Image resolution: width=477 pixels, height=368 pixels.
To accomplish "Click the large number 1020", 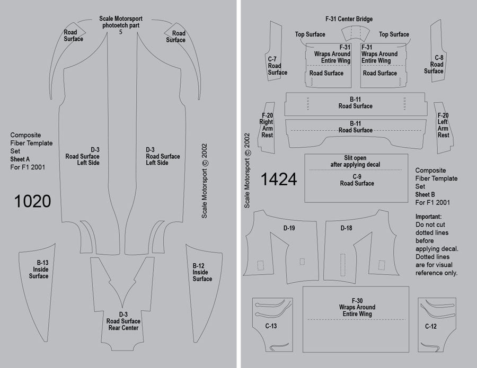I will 32,201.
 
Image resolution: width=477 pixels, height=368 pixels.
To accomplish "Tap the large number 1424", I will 278,180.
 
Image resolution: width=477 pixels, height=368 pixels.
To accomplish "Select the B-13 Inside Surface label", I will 39,269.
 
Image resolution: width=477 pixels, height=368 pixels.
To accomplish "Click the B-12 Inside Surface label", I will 202,272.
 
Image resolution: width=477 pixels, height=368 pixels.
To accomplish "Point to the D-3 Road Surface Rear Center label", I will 122,321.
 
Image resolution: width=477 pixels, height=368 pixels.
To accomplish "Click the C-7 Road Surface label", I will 277,66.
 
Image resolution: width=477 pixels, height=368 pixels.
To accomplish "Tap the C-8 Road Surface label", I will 434,64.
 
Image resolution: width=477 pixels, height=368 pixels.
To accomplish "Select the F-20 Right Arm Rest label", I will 267,125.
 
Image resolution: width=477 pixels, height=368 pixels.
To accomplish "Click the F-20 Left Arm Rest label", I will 443,125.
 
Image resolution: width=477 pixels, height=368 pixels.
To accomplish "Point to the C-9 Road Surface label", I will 356,179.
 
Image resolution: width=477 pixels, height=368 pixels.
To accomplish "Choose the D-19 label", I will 289,228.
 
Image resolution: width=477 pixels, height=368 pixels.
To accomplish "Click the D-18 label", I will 346,228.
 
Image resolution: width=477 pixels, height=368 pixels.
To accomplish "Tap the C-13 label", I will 270,326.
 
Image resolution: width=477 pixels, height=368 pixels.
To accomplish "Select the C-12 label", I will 430,326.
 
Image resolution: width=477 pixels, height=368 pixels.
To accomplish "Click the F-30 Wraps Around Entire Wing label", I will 356,307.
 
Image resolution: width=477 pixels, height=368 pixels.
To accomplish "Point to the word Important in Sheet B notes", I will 428,217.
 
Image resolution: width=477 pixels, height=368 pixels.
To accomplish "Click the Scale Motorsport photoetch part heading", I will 121,22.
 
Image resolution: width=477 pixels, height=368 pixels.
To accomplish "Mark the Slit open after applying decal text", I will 355,161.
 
